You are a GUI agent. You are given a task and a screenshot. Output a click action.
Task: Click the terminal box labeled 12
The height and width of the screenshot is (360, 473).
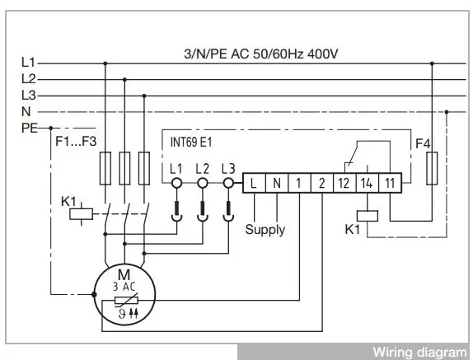[x=344, y=183]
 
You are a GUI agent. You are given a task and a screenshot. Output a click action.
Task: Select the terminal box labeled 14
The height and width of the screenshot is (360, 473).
[x=368, y=183]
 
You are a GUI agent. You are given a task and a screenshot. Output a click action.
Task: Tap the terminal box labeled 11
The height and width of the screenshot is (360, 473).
[x=390, y=183]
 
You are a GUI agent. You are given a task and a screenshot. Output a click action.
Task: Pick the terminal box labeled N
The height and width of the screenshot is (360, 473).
[x=277, y=183]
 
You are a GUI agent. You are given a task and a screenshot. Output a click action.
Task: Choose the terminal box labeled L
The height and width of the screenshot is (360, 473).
[x=254, y=183]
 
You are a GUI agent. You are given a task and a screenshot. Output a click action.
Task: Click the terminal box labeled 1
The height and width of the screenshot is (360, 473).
[x=299, y=183]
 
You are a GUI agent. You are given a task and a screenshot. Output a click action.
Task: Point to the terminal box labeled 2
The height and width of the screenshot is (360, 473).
[x=322, y=183]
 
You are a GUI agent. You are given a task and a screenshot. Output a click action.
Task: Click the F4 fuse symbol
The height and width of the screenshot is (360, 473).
[x=432, y=168]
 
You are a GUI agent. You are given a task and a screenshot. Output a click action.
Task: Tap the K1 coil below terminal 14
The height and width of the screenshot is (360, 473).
[x=368, y=216]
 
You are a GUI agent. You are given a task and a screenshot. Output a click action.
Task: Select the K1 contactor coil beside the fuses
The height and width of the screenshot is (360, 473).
[x=81, y=214]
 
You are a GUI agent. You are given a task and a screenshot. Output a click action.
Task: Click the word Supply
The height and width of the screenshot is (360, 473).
[x=265, y=230]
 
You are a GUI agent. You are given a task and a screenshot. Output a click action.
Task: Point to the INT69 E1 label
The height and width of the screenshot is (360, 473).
[x=191, y=142]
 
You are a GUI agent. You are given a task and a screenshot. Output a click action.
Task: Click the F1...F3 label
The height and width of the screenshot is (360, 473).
[x=76, y=141]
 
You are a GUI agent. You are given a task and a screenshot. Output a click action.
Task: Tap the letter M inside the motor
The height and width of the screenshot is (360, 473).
[x=124, y=274]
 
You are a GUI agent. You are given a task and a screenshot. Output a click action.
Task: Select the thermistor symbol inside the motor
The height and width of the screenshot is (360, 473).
[x=126, y=300]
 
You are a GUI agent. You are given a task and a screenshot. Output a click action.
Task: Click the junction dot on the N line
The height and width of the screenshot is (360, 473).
[x=447, y=112]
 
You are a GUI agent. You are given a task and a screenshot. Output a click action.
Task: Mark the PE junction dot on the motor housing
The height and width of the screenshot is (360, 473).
[x=94, y=294]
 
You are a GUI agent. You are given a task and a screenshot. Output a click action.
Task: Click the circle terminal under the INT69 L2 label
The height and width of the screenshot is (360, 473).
[x=203, y=183]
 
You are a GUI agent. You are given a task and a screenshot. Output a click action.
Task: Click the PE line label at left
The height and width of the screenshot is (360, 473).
[x=30, y=129]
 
